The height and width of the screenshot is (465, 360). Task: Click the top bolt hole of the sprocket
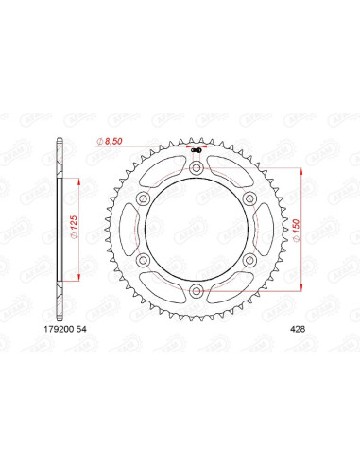click(x=196, y=168)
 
